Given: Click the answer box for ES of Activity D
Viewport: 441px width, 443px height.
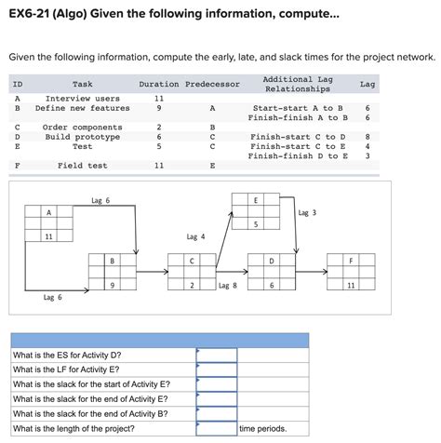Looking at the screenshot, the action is click(x=217, y=356).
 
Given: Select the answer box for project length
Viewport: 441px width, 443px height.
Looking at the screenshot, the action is click(x=217, y=428).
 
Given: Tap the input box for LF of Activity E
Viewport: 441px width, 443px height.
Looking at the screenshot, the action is click(x=217, y=369).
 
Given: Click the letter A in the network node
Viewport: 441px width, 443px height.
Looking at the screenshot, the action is click(x=48, y=212).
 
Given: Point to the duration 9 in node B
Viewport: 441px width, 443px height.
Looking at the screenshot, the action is click(x=113, y=285).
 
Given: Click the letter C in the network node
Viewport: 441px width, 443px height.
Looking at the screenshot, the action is click(x=192, y=262).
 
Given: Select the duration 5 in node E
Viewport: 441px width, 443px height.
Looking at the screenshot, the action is click(x=256, y=224).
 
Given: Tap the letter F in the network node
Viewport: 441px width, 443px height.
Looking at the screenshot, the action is click(x=351, y=261).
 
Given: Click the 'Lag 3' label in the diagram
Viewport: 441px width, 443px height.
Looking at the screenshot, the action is click(x=307, y=213).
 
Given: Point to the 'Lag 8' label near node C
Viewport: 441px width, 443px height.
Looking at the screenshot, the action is click(x=228, y=286).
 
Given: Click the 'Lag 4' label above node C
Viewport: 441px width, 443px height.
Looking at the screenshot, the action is click(x=195, y=237).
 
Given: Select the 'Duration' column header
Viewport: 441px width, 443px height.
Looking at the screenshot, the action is click(x=159, y=84).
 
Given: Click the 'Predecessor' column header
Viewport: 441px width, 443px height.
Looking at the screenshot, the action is click(x=212, y=84).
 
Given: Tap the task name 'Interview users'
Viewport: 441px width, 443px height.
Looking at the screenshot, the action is click(x=83, y=99).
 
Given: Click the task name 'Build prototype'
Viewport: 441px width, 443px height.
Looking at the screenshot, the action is click(x=83, y=137).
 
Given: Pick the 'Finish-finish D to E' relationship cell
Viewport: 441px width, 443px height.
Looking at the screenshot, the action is click(x=298, y=156).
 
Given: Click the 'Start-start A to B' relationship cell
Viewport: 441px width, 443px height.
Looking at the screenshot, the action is click(x=298, y=108).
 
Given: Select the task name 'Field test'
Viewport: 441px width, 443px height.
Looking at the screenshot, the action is click(x=83, y=166).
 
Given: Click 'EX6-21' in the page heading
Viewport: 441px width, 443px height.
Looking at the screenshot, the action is click(x=29, y=14).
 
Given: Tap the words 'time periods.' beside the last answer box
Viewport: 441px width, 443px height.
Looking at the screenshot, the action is click(x=263, y=429).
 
